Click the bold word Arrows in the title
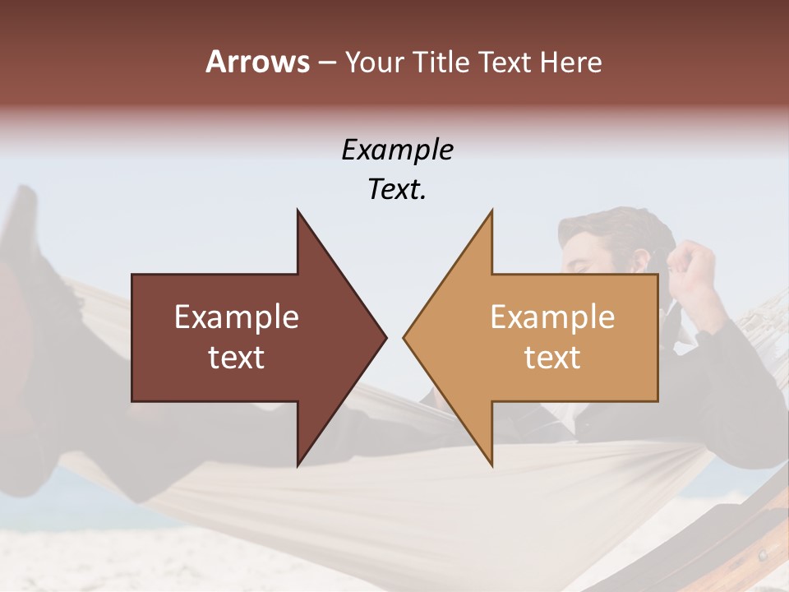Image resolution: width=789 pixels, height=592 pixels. (x=257, y=62)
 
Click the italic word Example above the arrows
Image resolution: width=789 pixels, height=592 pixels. (x=397, y=150)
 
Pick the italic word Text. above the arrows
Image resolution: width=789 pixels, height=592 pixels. (x=397, y=189)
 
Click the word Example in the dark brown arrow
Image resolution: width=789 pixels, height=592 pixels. (x=237, y=317)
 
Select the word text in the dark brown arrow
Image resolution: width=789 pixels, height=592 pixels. (x=237, y=357)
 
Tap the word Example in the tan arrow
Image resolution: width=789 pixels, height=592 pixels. (x=552, y=317)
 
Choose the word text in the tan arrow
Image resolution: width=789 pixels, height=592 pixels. (x=552, y=357)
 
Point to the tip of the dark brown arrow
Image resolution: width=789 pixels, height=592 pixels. (x=385, y=337)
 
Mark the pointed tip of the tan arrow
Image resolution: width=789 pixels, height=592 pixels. (x=405, y=337)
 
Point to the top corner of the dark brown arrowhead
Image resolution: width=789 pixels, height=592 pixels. (x=298, y=211)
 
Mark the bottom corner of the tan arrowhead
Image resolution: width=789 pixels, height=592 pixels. (x=491, y=465)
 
